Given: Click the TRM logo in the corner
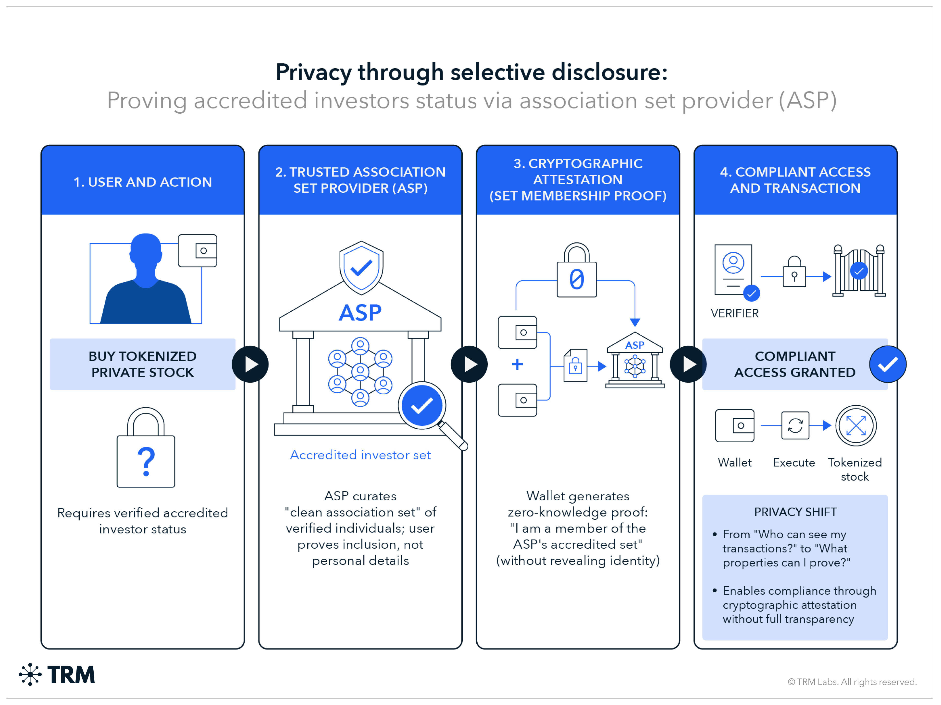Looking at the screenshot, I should [57, 674].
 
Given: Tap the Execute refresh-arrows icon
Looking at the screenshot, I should [795, 425].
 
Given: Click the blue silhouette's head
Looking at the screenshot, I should [146, 251].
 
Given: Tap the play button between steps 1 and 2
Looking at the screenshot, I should [250, 364].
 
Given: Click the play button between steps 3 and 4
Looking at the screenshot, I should [688, 364].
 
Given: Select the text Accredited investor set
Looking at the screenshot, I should [360, 455].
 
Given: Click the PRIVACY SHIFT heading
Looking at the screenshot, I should [795, 512].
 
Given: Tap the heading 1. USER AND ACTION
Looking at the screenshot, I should [143, 182].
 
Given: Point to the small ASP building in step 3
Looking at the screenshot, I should [635, 360].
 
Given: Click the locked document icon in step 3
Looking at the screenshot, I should [575, 365].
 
